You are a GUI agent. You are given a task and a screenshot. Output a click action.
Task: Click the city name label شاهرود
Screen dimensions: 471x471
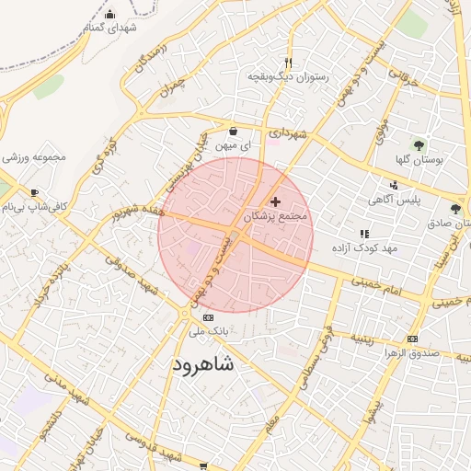(203, 365)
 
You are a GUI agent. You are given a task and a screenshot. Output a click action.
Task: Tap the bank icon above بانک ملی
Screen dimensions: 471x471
(194, 316)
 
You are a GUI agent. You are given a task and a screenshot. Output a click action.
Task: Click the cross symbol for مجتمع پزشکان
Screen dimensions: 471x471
(275, 201)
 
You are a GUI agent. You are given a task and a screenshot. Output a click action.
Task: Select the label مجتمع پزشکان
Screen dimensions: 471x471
(279, 217)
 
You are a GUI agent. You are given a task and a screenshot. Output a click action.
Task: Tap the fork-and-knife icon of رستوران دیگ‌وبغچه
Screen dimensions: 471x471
(288, 63)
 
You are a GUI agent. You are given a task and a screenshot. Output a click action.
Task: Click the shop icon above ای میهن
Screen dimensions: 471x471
(233, 131)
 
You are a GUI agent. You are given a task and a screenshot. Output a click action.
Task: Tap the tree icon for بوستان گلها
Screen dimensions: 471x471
(419, 144)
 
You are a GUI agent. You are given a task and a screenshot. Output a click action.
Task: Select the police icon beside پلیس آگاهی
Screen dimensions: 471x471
(394, 185)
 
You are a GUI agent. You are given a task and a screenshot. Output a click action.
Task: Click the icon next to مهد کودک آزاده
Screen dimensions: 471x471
(364, 234)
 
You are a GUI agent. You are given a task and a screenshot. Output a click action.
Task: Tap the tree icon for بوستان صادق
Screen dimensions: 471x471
(454, 209)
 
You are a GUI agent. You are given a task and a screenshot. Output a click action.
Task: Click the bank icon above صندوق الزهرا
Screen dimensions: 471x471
(411, 338)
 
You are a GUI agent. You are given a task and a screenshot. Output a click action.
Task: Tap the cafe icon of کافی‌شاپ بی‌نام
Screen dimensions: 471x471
(35, 193)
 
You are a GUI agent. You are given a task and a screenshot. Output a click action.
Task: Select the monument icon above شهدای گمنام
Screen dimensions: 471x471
(110, 14)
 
